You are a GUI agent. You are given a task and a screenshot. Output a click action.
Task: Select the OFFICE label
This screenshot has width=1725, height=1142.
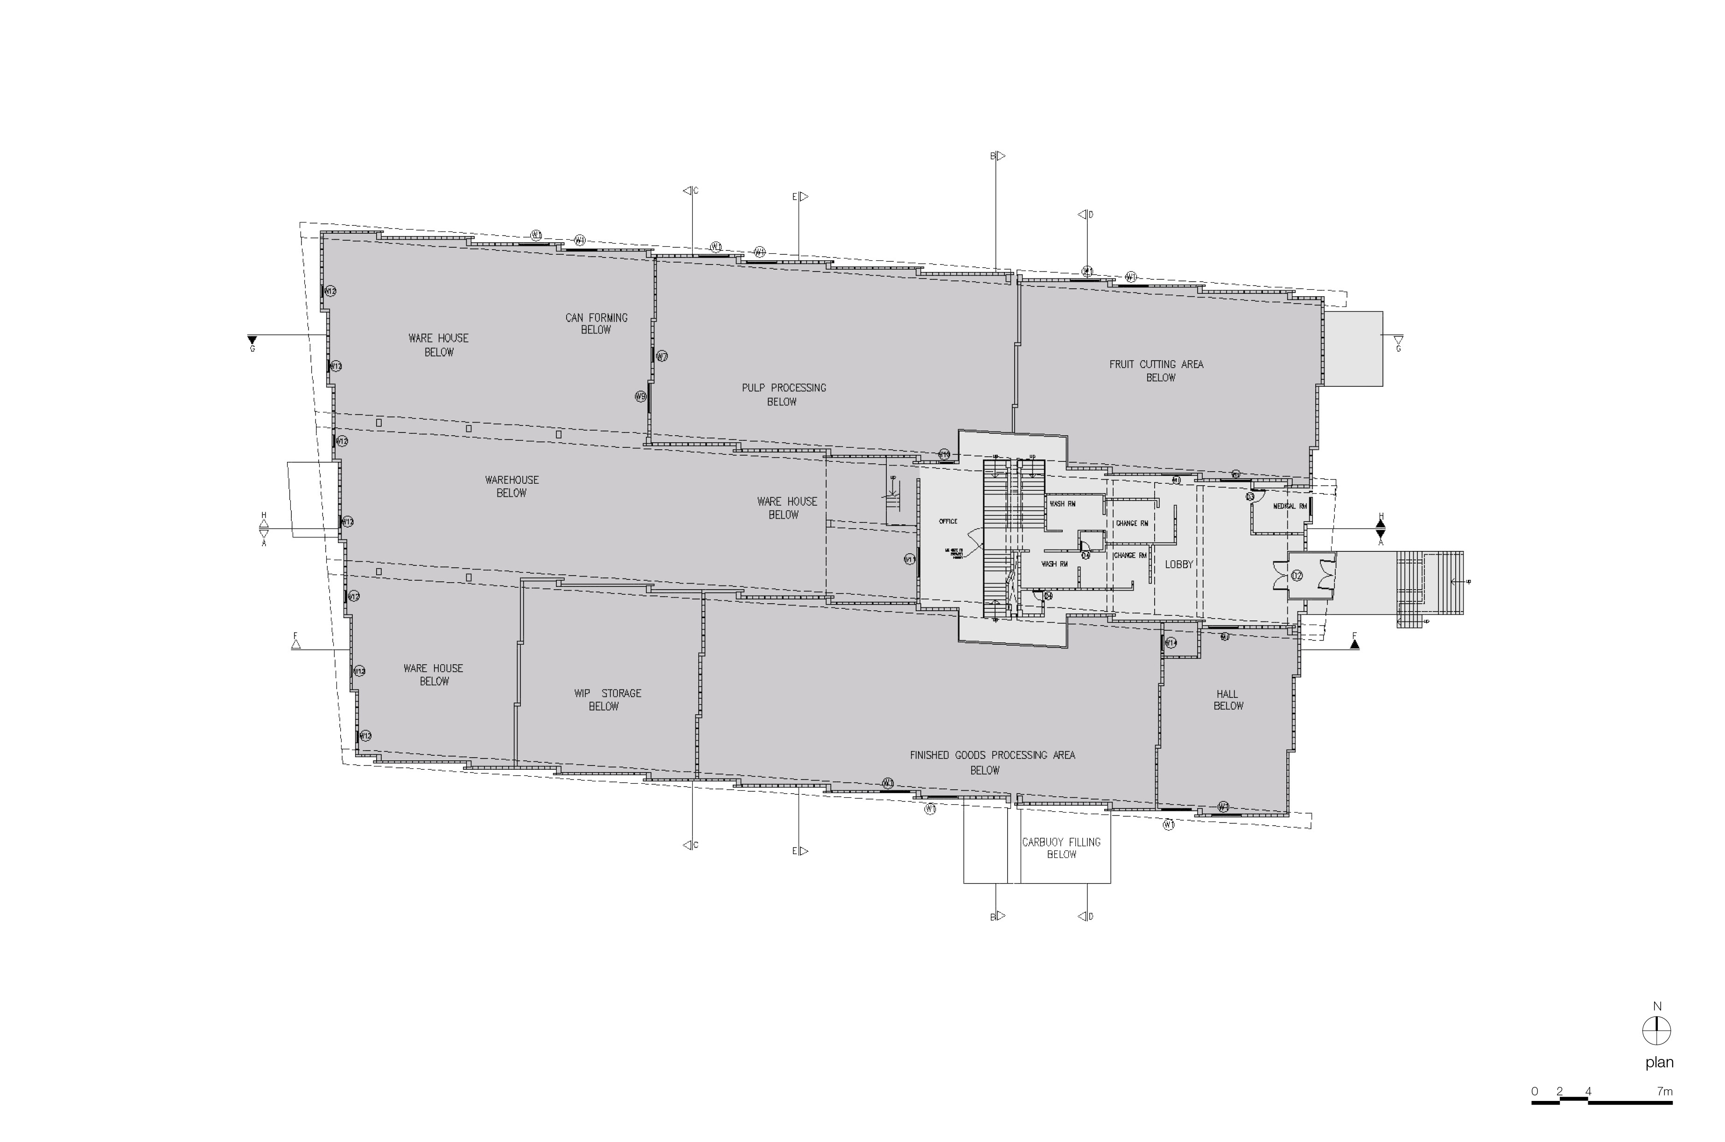click(x=948, y=522)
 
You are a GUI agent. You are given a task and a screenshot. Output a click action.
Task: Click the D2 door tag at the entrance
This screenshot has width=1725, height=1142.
click(x=1297, y=575)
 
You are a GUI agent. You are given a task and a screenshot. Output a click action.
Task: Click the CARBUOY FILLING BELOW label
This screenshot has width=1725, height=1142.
click(x=1061, y=848)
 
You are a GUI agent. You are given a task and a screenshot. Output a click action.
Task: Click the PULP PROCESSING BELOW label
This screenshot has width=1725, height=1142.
click(x=784, y=394)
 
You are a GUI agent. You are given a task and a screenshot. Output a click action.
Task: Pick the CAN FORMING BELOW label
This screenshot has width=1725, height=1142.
click(x=596, y=323)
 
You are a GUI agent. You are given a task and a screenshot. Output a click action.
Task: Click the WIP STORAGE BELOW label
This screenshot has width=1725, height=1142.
click(x=607, y=699)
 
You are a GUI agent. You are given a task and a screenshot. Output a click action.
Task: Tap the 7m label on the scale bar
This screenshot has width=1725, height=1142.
click(x=1664, y=1091)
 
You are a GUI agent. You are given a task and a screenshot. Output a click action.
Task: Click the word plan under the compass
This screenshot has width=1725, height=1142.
click(x=1659, y=1063)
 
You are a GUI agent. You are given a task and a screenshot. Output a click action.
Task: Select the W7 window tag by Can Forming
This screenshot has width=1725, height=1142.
click(x=661, y=356)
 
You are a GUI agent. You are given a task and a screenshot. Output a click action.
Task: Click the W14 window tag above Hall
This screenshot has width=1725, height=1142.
click(x=1171, y=642)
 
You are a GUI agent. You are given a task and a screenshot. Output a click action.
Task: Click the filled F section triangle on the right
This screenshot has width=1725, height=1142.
click(x=1354, y=644)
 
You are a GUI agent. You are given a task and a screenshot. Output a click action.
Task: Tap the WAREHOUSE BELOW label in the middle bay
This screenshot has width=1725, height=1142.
click(x=512, y=486)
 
